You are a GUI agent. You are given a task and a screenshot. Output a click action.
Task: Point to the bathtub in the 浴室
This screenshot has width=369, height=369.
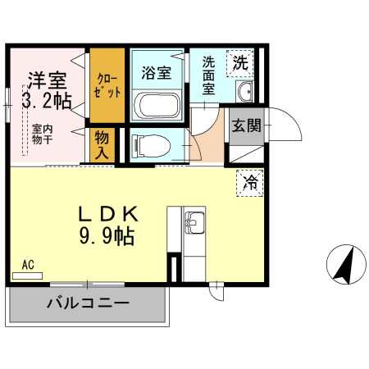pos(156,106)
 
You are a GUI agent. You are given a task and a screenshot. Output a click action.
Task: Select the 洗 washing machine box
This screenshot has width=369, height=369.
pos(240,61)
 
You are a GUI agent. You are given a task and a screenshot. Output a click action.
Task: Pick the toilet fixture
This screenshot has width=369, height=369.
pos(152,145)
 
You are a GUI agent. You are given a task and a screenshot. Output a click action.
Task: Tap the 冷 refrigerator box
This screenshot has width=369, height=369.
pos(249,182)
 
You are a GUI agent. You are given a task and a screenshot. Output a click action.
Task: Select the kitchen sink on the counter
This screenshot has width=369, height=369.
pos(195,221)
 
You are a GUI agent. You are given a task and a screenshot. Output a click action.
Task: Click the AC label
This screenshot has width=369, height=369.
pos(28,266)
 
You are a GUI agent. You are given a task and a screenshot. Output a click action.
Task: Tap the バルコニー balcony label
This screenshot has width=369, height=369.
pos(87,303)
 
